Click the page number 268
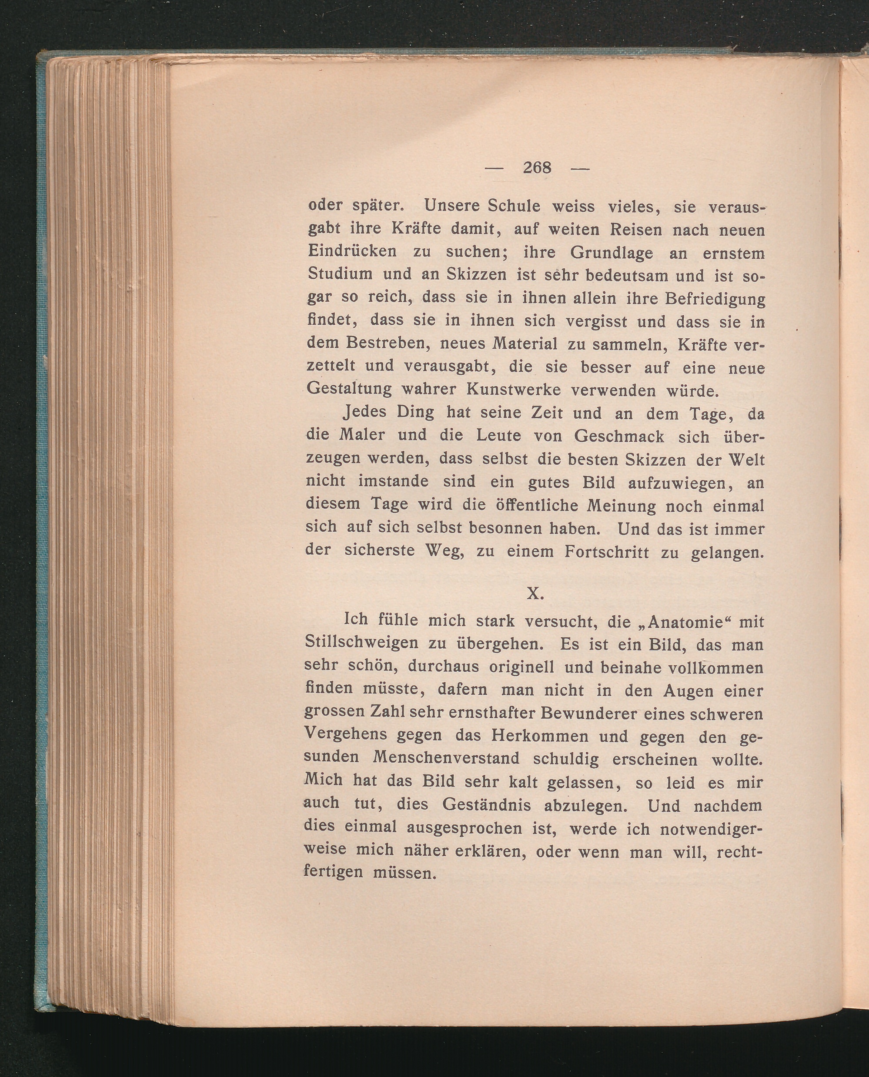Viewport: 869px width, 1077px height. pos(537,168)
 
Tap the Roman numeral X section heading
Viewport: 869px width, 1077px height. pos(535,594)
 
